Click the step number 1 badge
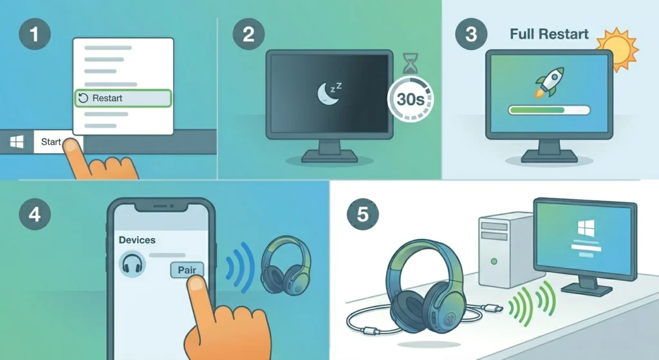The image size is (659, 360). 35,33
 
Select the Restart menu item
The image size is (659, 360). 123,99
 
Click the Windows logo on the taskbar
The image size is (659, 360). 17,142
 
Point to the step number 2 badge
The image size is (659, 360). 248,33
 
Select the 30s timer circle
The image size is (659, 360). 410,100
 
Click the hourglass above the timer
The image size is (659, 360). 410,63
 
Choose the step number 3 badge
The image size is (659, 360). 471,33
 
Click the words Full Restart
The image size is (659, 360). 549,33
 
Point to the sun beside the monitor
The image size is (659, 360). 617,48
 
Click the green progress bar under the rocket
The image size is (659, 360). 549,110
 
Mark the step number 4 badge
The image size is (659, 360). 35,214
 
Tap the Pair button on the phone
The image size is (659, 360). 187,270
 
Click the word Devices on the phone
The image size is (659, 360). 137,240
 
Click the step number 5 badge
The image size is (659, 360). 362,214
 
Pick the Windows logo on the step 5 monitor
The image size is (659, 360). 586,228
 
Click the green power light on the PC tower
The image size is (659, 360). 494,261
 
